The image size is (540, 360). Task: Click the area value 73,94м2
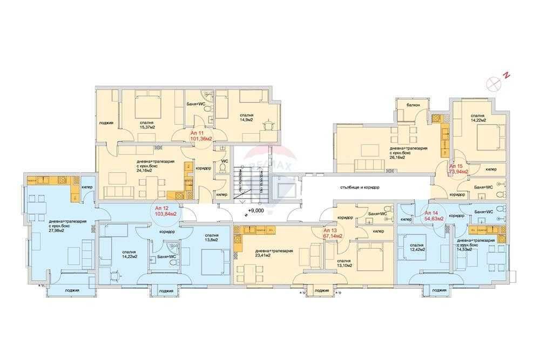[458, 171]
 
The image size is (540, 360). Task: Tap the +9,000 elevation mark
[256, 211]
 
